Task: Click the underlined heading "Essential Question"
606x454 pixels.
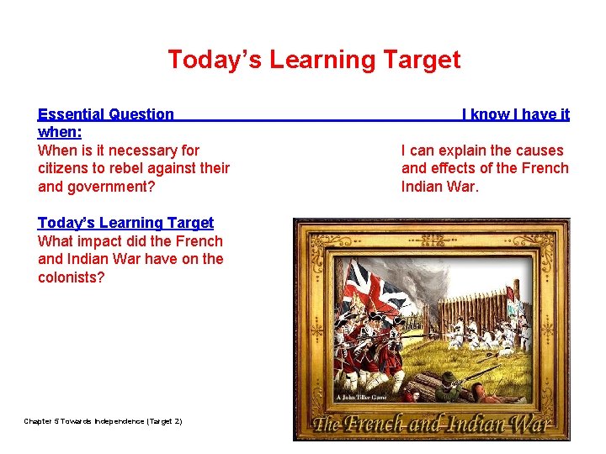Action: [106, 114]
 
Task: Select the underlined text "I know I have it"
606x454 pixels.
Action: [515, 114]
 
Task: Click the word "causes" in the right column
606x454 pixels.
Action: [539, 150]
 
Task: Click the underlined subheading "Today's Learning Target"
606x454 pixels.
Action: [125, 223]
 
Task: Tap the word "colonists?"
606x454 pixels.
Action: [72, 277]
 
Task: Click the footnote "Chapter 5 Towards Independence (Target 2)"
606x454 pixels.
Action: [103, 421]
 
